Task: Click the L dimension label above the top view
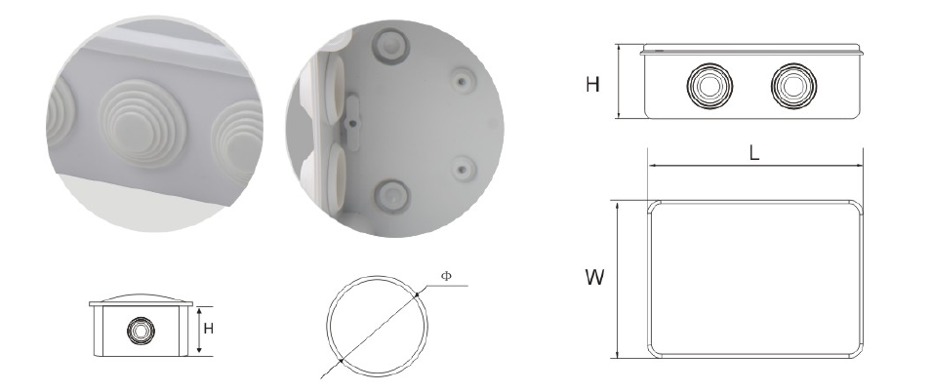[754, 153]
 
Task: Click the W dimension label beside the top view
[595, 277]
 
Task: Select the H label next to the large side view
[592, 85]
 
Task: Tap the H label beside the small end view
[208, 329]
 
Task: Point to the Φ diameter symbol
[446, 276]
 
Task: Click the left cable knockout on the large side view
[709, 86]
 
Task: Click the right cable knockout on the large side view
[793, 86]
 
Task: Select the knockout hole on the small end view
[141, 330]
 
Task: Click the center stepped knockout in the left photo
[142, 123]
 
